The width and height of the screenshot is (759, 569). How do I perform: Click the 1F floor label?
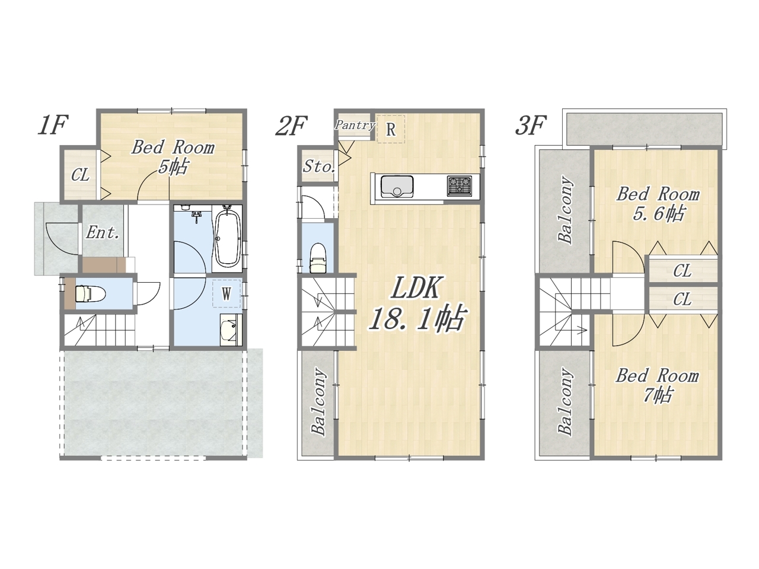(53, 124)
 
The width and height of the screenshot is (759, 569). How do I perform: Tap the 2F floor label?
(291, 126)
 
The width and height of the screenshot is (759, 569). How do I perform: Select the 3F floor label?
(531, 126)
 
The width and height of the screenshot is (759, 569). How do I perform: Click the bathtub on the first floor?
(228, 238)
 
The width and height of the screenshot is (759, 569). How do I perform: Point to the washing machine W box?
(227, 293)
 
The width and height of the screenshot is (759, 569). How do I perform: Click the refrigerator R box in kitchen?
(391, 129)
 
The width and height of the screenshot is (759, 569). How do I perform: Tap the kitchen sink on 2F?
(397, 187)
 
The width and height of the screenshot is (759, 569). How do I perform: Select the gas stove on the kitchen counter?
(460, 186)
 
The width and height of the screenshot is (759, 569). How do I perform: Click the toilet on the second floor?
(318, 258)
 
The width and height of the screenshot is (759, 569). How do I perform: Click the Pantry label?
(355, 125)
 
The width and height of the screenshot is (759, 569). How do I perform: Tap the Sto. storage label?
(319, 167)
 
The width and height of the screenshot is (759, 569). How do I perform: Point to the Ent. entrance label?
(103, 233)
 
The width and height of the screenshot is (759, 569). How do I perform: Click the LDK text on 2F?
(417, 288)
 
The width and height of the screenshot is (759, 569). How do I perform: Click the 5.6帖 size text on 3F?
(658, 214)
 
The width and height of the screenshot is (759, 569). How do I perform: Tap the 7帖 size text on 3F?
(658, 395)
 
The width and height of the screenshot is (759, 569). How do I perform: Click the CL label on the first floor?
(80, 175)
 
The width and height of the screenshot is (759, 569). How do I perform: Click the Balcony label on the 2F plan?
(318, 402)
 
